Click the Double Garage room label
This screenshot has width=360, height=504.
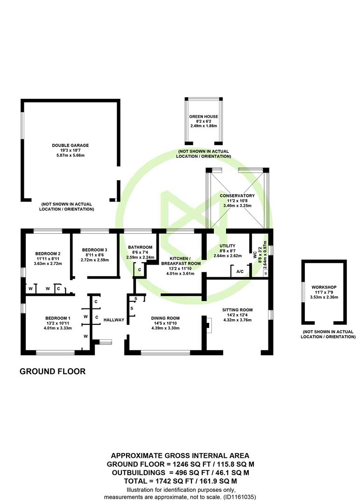tap(70, 145)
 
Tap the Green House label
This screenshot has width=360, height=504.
tap(203, 116)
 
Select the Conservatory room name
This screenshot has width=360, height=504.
tap(237, 196)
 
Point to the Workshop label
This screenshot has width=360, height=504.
tap(324, 287)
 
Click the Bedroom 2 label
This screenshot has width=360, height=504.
tap(48, 253)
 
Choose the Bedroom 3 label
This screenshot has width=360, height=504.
tap(95, 250)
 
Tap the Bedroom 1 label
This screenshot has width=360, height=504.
tap(58, 318)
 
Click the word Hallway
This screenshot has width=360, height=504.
tap(114, 320)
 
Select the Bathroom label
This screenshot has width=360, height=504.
tap(140, 247)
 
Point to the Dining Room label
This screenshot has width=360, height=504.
tap(165, 318)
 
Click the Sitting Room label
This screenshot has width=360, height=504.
tap(237, 310)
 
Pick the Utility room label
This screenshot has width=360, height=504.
tap(227, 246)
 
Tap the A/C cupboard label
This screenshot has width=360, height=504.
tap(240, 272)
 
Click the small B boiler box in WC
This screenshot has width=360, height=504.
tap(265, 273)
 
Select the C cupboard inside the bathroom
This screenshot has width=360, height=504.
tap(140, 270)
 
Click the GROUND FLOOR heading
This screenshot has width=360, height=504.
tap(53, 371)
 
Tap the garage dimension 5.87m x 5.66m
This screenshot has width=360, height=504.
tap(70, 155)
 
